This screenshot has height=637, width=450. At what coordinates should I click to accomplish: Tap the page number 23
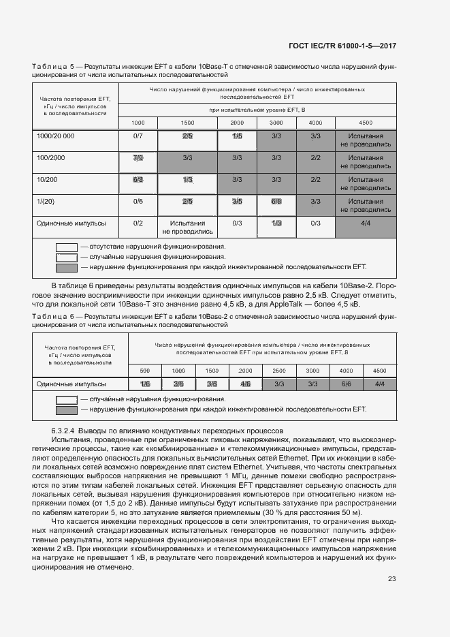point(391,579)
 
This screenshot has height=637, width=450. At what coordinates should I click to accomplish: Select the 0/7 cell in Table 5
point(138,136)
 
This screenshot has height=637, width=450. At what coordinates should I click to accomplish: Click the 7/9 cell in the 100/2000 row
point(138,158)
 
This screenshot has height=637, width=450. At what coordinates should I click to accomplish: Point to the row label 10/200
point(46,180)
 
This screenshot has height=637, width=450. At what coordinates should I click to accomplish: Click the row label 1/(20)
point(46,202)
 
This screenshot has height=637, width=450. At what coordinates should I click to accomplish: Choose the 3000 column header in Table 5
point(276,123)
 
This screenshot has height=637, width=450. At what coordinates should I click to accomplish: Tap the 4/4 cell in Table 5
point(366,223)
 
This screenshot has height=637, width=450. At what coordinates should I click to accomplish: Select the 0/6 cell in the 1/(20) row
point(138,202)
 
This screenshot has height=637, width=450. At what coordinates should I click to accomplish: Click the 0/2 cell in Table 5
point(138,223)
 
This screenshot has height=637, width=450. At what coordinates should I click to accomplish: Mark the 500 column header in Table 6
point(145,370)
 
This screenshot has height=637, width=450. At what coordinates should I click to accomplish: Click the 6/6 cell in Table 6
point(346,384)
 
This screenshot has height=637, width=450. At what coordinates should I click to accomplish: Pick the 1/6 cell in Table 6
point(145,384)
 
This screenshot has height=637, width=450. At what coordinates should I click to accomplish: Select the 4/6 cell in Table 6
point(245,384)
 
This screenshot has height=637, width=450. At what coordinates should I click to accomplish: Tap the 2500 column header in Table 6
point(278,370)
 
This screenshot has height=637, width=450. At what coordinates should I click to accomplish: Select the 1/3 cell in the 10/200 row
point(187,180)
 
